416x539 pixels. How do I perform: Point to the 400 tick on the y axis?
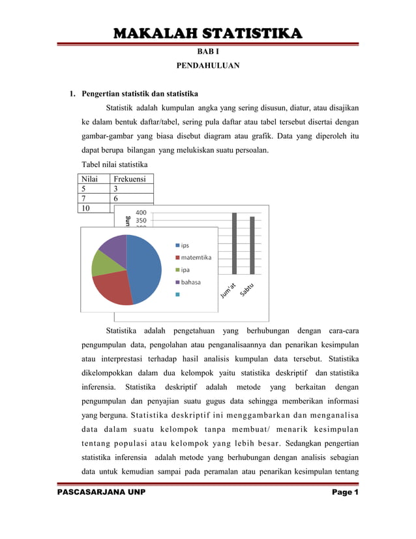click(x=140, y=212)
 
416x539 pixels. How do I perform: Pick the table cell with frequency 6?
click(x=132, y=198)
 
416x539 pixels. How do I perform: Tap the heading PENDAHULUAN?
click(x=207, y=66)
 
